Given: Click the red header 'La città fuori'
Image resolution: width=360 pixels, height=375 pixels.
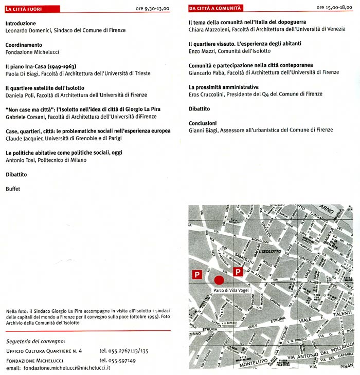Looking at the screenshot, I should click(x=24, y=9).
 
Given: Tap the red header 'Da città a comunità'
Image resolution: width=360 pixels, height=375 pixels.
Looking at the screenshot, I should click(x=215, y=9).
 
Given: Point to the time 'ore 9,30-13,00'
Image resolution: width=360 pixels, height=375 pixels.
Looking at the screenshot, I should click(x=153, y=9).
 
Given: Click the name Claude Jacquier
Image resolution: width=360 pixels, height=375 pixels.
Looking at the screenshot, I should click(x=24, y=138).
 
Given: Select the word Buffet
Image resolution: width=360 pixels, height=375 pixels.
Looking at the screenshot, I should click(x=14, y=189).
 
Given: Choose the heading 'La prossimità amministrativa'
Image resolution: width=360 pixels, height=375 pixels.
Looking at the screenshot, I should click(x=224, y=87).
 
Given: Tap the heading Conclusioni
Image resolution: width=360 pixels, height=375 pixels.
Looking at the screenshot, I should click(x=203, y=123).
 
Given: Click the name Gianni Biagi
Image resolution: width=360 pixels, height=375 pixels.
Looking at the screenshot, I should click(x=202, y=130).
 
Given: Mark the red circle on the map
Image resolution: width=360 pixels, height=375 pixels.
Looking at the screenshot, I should click(x=219, y=280).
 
